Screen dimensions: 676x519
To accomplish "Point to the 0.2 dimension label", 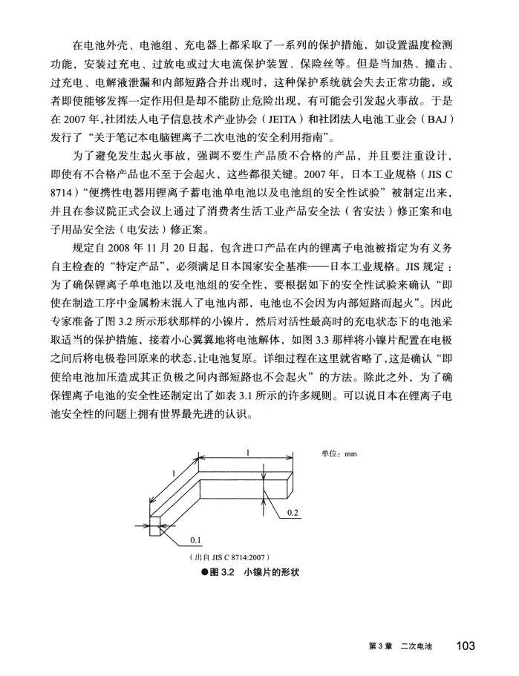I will [x=293, y=513].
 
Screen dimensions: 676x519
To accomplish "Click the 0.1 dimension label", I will [x=197, y=539].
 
